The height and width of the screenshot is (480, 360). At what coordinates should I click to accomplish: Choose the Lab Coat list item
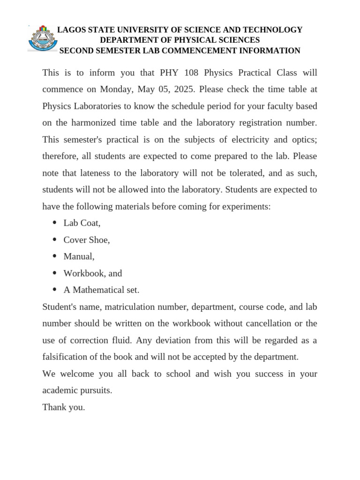pos(82,223)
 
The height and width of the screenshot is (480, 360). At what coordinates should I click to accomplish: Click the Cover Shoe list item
pos(87,240)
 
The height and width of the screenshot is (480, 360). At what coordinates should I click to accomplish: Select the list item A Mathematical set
pos(101,290)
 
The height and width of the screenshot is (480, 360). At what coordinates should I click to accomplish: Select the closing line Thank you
pos(64,407)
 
